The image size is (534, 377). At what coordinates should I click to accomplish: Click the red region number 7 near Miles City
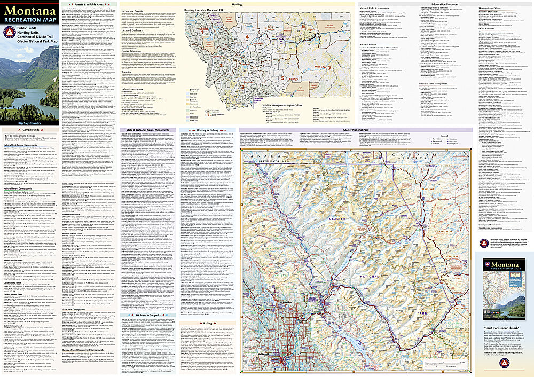329,68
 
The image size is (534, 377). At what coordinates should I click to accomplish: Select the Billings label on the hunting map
293,77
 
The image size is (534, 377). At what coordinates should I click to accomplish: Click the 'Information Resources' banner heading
444,4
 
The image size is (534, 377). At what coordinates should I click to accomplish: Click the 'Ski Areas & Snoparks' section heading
146,315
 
